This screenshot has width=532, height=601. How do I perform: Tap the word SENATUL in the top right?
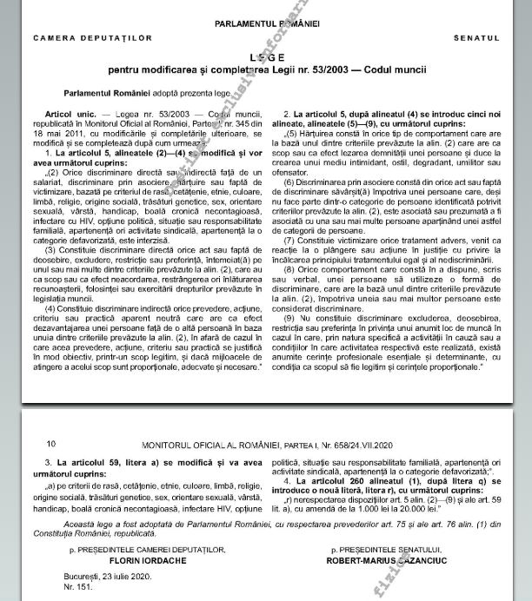pyautogui.click(x=476, y=39)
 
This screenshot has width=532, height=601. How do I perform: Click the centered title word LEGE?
pyautogui.click(x=266, y=55)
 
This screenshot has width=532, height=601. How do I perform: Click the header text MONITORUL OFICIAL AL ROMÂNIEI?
pyautogui.click(x=209, y=444)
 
